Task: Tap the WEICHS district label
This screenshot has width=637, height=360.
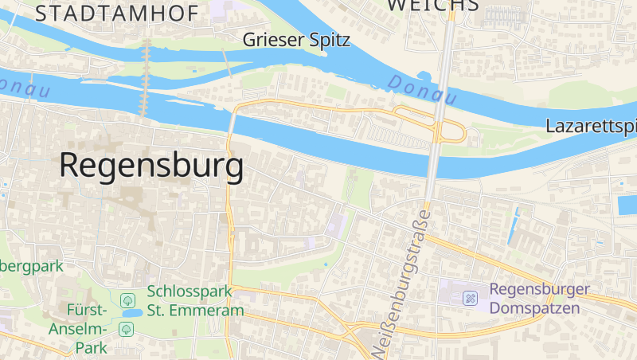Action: point(433,5)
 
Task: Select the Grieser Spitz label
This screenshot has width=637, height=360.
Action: point(296,39)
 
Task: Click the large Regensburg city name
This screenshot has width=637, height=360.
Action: point(151,166)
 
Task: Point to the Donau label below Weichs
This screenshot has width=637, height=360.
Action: point(422,90)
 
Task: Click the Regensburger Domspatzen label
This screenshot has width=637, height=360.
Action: point(539,298)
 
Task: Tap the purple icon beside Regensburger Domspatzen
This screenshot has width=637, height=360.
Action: point(471,298)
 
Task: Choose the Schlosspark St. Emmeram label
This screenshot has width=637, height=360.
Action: point(195,301)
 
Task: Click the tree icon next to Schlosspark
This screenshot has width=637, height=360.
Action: point(126,300)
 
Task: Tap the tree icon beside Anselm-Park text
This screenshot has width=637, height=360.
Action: point(126,328)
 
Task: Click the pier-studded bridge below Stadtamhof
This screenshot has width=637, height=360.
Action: point(145,78)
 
